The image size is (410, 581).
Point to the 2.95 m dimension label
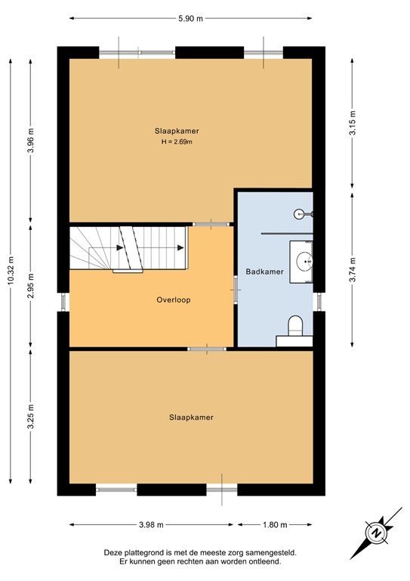pyautogui.click(x=30, y=287)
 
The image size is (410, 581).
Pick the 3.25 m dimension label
pyautogui.click(x=30, y=415)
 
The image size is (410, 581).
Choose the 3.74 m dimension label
pyautogui.click(x=352, y=269)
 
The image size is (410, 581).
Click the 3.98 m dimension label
pyautogui.click(x=151, y=524)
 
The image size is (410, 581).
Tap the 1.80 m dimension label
pyautogui.click(x=273, y=524)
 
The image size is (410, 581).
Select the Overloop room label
pyautogui.click(x=174, y=300)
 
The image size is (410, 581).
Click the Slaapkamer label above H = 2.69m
pyautogui.click(x=178, y=130)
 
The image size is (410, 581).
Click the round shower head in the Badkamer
pyautogui.click(x=300, y=214)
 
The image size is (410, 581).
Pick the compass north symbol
pyautogui.click(x=375, y=532)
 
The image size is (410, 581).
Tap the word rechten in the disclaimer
pyautogui.click(x=191, y=561)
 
